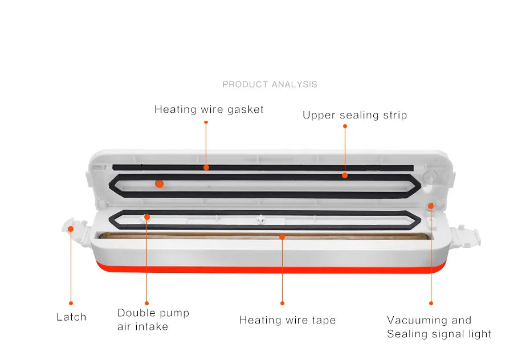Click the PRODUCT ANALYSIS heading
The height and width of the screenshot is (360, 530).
click(270, 84)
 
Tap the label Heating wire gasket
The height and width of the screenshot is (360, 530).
click(209, 109)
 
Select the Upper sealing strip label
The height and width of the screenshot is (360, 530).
click(354, 115)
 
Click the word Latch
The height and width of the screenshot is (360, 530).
click(71, 317)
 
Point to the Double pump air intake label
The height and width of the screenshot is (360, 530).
click(153, 319)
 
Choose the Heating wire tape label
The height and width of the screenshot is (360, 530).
click(287, 320)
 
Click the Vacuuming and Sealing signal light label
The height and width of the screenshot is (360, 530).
click(439, 327)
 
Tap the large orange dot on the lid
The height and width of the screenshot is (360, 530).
click(160, 183)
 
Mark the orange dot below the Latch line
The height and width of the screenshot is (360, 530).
click(71, 303)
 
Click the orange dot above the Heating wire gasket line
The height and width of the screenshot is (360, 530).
click(206, 121)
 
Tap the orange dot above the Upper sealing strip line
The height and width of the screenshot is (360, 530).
click(345, 126)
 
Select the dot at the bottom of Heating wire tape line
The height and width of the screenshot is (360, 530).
click(282, 303)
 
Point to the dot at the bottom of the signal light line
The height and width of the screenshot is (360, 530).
click(431, 303)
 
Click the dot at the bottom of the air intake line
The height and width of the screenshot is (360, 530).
click(146, 303)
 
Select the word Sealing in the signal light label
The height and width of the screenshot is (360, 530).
click(406, 334)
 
